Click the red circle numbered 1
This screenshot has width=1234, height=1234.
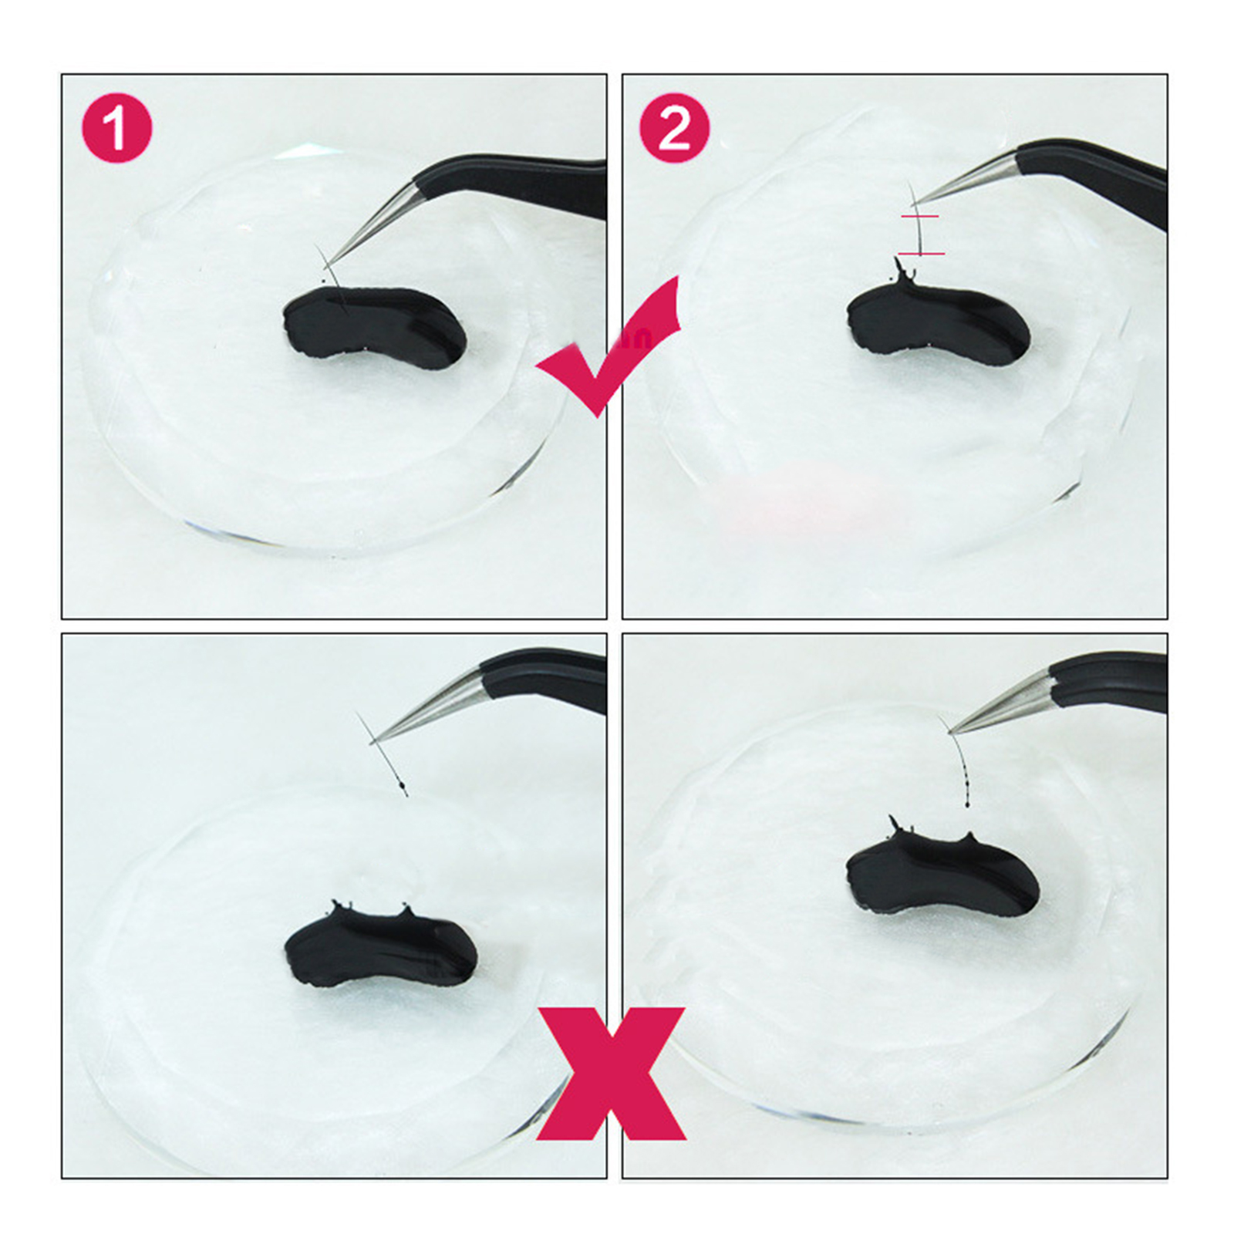pyautogui.click(x=117, y=127)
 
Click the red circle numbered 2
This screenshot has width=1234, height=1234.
pyautogui.click(x=675, y=127)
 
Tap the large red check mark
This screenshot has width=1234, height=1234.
pyautogui.click(x=609, y=347)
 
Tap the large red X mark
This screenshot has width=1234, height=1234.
pyautogui.click(x=611, y=1074)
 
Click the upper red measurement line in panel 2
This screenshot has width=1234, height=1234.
pyautogui.click(x=919, y=217)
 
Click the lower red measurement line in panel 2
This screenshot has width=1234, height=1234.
pyautogui.click(x=921, y=254)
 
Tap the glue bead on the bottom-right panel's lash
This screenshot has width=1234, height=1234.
pyautogui.click(x=966, y=805)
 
